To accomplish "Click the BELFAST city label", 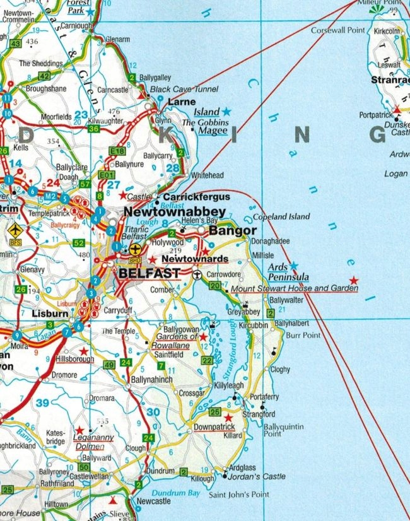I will pos(149,274).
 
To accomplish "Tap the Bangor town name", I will pos(232,231).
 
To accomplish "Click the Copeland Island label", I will pos(281,216).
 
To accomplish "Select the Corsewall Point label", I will pos(339,30).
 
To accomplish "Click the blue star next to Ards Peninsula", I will pos(293,266).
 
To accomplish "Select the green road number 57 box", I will pos(86,184).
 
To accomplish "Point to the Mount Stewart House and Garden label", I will pos(295,288).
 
